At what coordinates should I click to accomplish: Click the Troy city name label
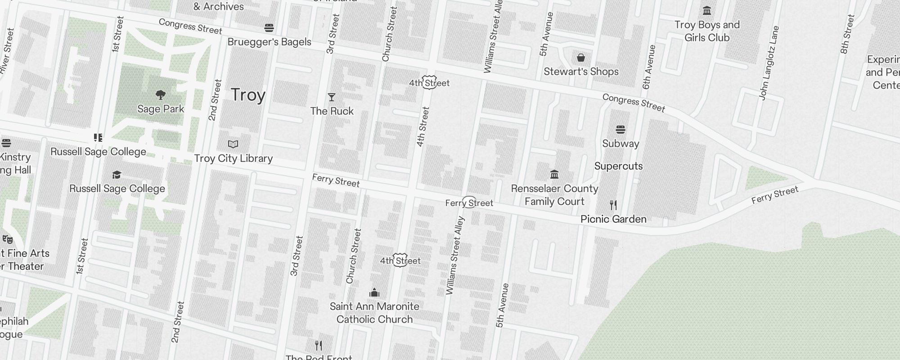[x=248, y=95]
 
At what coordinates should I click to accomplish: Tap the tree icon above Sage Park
[x=160, y=94]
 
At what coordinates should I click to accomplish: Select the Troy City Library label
[x=233, y=158]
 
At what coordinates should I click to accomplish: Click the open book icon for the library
[x=233, y=144]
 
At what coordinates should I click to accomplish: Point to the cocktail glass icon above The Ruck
[x=332, y=97]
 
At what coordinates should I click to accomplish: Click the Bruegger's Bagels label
[x=269, y=42]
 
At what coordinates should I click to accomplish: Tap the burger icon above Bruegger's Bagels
[x=269, y=28]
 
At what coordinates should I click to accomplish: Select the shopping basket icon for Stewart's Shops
[x=581, y=58]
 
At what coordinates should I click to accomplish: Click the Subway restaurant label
[x=621, y=144]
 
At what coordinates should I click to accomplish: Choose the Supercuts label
[x=618, y=166]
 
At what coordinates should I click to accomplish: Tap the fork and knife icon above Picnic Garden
[x=613, y=205]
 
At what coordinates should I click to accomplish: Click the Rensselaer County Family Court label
[x=554, y=195]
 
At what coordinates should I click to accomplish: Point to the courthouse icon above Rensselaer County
[x=554, y=174]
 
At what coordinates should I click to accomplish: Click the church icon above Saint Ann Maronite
[x=374, y=293]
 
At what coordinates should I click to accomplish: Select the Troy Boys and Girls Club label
[x=706, y=31]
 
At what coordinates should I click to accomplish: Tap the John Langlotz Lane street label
[x=769, y=63]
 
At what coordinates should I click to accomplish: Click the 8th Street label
[x=847, y=34]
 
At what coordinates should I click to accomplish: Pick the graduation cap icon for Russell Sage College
[x=117, y=175]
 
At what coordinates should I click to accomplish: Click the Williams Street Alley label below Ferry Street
[x=454, y=256]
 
